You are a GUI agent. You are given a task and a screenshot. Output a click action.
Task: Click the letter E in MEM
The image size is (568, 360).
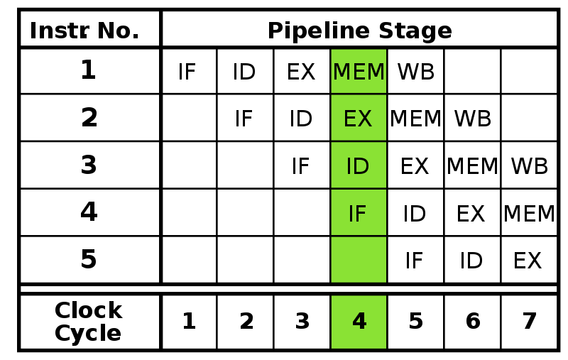tap(359, 72)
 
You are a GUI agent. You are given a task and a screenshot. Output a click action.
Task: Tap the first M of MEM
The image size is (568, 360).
tap(342, 72)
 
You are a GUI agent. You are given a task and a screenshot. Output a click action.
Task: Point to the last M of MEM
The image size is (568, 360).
tap(376, 72)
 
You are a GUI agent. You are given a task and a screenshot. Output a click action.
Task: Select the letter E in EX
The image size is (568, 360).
tap(350, 119)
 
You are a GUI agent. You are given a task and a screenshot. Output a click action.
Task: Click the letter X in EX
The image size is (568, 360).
tap(365, 119)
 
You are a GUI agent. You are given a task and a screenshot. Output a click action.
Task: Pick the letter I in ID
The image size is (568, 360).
tap(349, 166)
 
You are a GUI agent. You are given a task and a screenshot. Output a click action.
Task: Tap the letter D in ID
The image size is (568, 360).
tap(361, 166)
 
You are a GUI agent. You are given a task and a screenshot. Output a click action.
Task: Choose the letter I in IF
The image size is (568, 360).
tap(351, 214)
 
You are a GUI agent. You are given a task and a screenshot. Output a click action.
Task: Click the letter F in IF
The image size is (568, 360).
tap(361, 214)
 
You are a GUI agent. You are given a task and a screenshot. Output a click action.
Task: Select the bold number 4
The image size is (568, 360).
tap(359, 322)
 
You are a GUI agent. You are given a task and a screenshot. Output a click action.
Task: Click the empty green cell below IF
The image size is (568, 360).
tap(359, 259)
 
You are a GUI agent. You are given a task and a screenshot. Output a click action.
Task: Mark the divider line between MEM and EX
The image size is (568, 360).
tap(359, 94)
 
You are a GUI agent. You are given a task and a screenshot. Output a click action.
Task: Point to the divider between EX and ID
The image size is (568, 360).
tap(359, 141)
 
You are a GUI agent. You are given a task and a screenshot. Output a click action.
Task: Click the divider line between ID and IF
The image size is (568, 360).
tap(359, 189)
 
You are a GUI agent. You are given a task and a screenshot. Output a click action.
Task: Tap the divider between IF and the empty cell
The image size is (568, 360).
tap(359, 236)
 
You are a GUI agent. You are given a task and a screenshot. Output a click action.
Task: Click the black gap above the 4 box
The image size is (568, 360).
tap(359, 289)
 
